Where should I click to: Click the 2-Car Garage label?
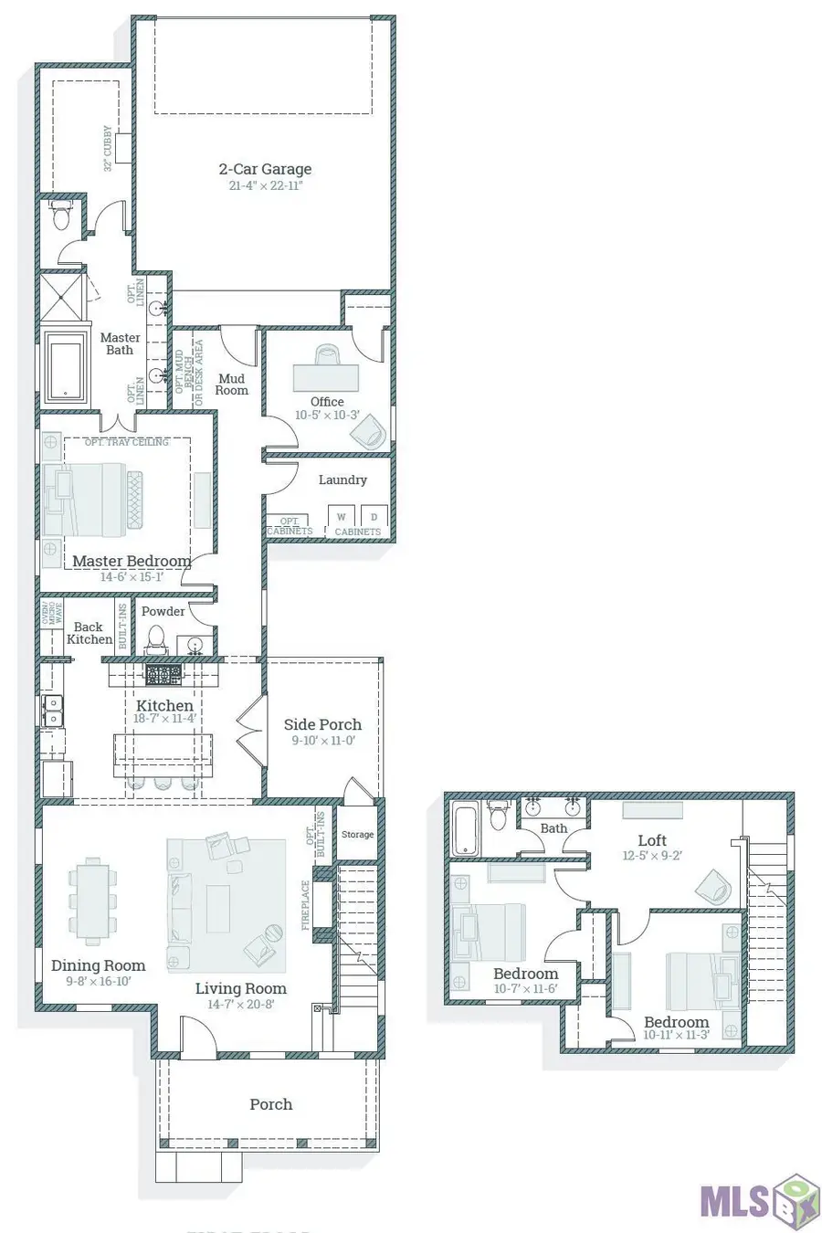[x=265, y=169]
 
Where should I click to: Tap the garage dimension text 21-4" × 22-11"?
[x=265, y=185]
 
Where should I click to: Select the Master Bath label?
[x=120, y=343]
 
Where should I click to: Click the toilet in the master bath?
[x=61, y=217]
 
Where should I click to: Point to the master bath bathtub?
[x=66, y=368]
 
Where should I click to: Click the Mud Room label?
[x=231, y=385]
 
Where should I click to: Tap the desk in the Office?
[x=325, y=377]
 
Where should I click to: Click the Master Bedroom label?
[x=132, y=561]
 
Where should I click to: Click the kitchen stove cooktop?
[x=164, y=675]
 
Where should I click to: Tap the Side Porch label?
[x=322, y=724]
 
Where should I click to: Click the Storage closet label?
[x=357, y=834]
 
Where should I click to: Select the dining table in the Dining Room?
[x=92, y=900]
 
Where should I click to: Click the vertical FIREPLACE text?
[x=306, y=905]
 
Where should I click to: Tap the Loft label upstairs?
[x=652, y=840]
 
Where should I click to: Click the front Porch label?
[x=271, y=1104]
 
